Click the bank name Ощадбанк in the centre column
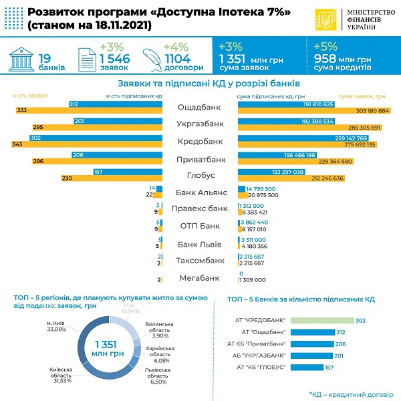pos(200,107)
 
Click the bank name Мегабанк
pos(200,277)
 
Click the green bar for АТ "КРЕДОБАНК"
pos(321,320)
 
